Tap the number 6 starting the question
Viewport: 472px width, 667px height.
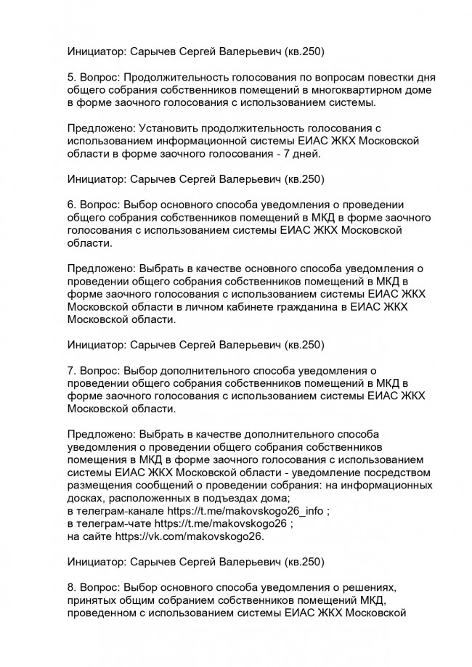pyautogui.click(x=70, y=204)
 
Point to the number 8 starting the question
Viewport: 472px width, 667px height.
pyautogui.click(x=70, y=586)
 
